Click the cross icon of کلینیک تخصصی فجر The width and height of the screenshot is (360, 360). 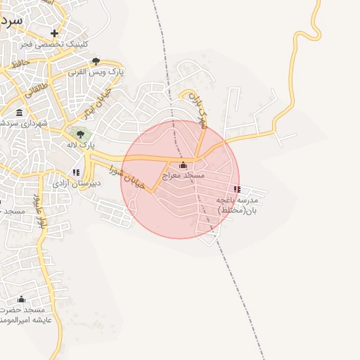pos(54,32)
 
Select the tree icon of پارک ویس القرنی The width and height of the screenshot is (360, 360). pos(96,61)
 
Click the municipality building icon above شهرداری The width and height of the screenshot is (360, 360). pos(18,112)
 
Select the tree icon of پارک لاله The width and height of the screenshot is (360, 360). pos(80,134)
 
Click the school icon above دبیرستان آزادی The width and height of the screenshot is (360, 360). pos(76,172)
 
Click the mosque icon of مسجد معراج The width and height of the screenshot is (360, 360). pos(184,165)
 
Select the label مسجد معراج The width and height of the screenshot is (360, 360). pos(184,175)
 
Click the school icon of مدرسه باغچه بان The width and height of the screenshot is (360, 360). pos(237,189)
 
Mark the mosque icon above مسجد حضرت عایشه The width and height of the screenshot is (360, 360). pos(21,300)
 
